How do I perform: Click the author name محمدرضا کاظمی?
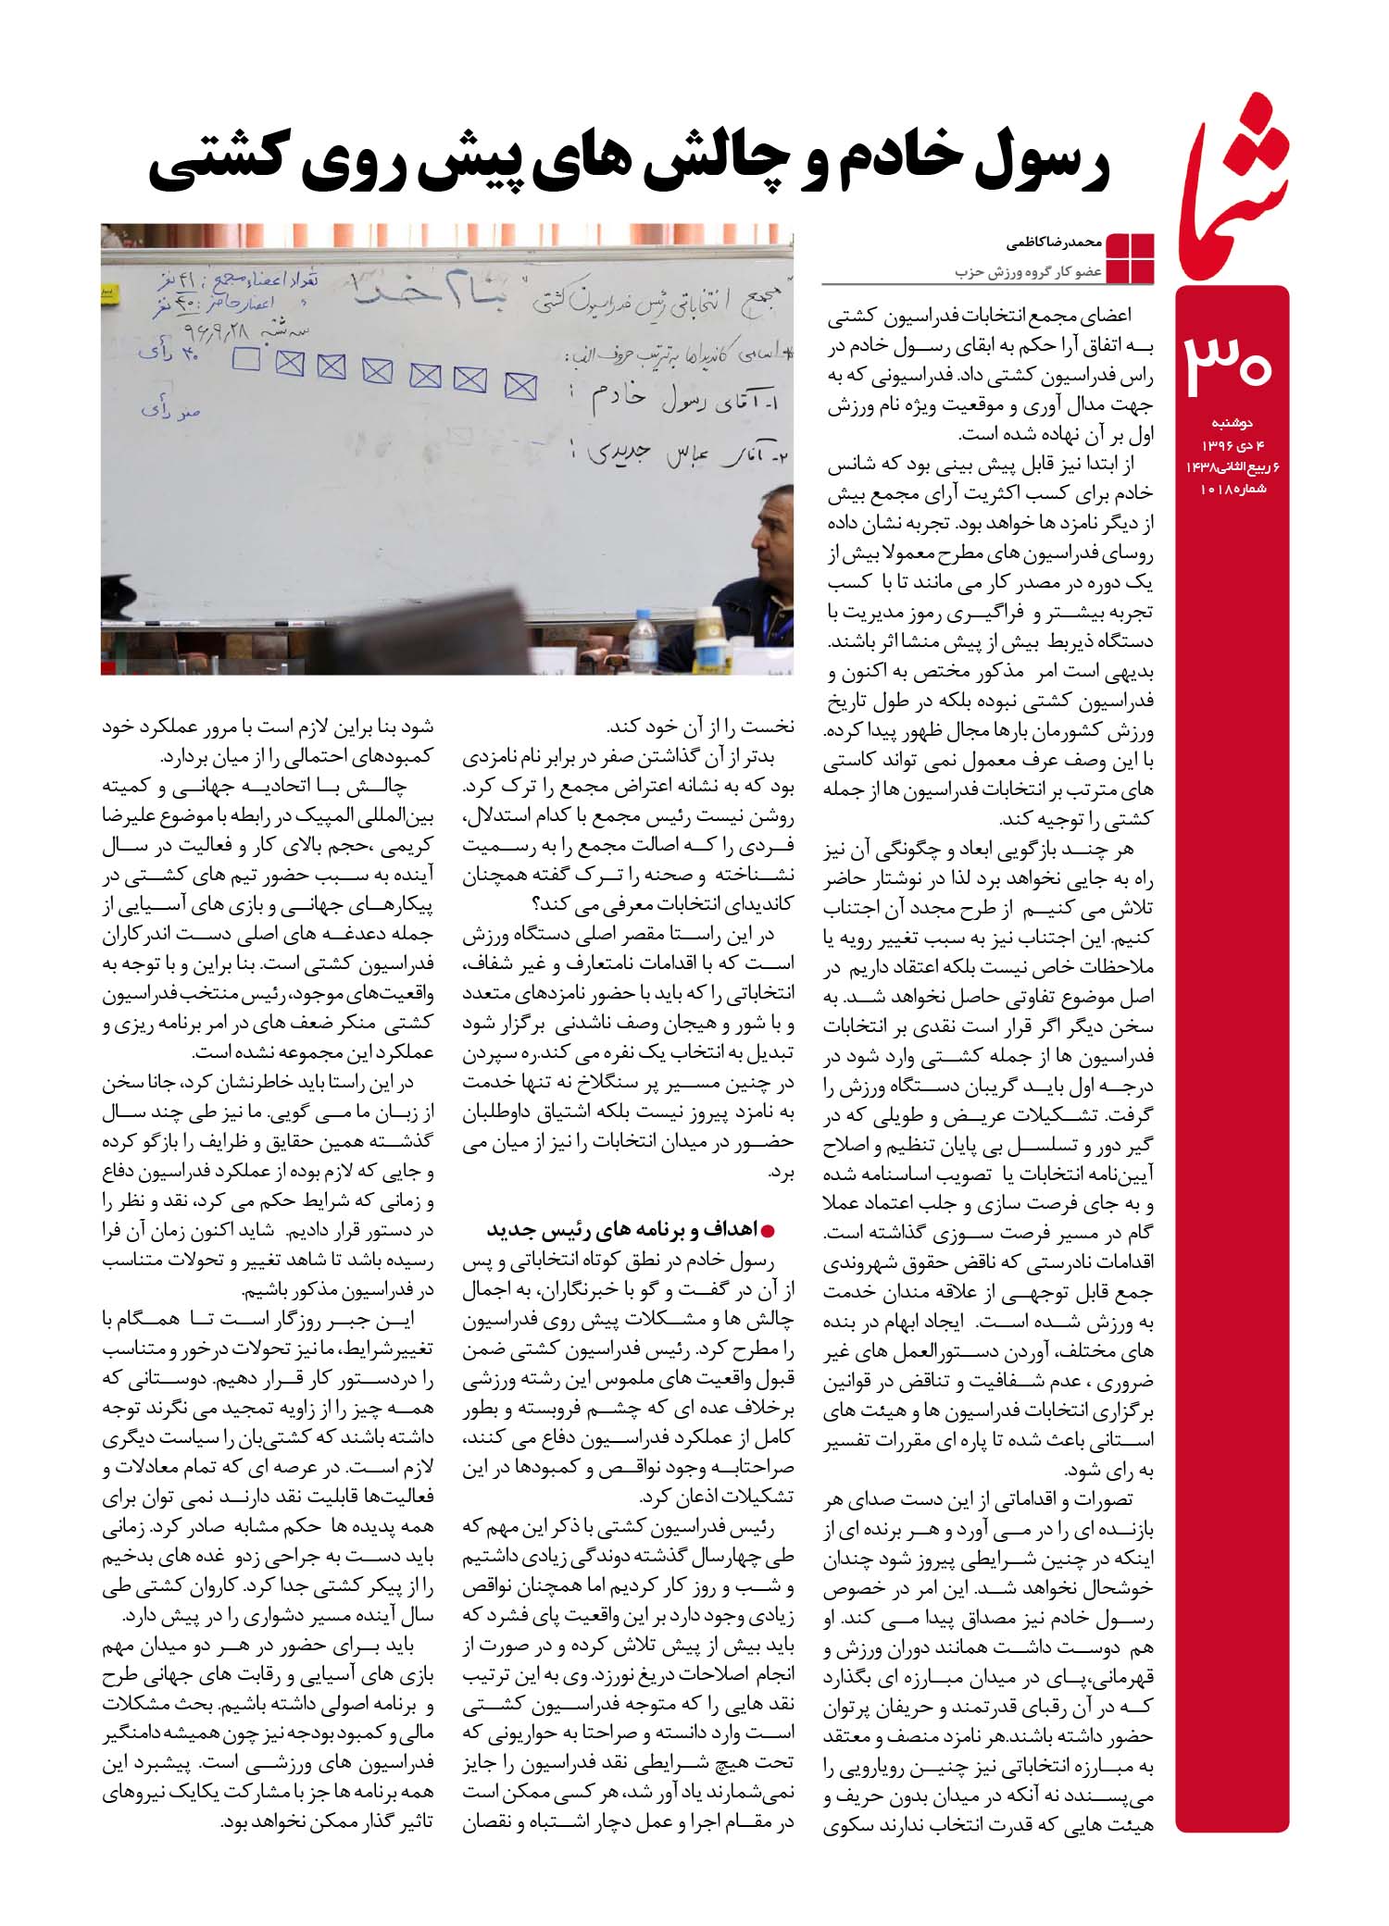point(1053,244)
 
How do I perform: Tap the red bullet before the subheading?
point(766,1230)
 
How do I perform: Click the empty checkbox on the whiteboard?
point(246,359)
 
